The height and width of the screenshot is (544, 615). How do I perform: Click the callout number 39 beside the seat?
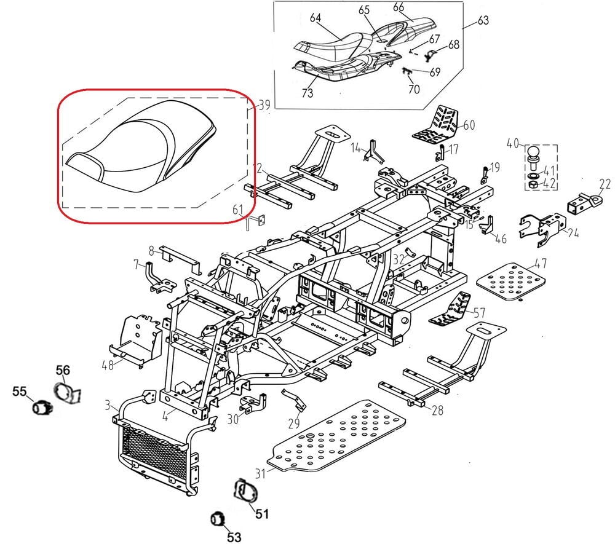264,106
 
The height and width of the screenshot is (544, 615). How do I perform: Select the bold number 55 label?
20,391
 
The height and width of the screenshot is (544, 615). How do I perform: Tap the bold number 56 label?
63,369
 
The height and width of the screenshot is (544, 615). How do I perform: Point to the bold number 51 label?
263,513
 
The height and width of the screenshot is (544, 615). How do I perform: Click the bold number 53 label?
234,537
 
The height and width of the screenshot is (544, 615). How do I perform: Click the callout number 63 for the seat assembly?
483,22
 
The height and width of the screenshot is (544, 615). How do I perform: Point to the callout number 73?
307,93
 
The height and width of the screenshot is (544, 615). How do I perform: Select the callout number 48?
108,365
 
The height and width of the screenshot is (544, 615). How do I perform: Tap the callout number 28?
437,410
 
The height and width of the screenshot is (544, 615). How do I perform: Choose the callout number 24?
573,233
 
